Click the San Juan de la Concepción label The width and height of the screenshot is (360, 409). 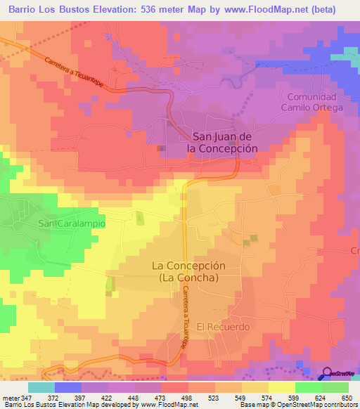coord(221,143)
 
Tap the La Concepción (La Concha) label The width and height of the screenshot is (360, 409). coord(185,271)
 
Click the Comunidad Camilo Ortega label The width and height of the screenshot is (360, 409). coord(312,101)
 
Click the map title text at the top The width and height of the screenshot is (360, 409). coord(172,10)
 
